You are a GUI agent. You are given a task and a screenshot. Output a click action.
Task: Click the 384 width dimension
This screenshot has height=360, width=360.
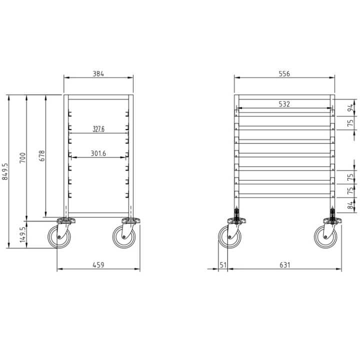click(x=98, y=73)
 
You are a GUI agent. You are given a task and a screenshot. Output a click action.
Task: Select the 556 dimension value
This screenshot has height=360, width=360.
click(x=284, y=73)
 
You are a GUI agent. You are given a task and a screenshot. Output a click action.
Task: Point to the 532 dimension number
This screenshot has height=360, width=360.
click(x=284, y=104)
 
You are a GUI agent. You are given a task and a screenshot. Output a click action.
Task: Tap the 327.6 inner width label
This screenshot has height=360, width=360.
click(x=98, y=129)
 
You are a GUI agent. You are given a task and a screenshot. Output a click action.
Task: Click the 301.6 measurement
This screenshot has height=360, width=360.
click(x=98, y=153)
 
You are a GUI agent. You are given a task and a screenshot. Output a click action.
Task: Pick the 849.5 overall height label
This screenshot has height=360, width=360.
click(x=5, y=171)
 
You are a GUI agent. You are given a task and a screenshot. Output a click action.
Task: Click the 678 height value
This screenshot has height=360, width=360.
click(x=42, y=155)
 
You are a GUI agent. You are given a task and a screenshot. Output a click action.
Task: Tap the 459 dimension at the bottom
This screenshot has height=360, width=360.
click(x=98, y=265)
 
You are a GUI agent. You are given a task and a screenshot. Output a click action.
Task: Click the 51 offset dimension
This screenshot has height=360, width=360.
click(x=223, y=265)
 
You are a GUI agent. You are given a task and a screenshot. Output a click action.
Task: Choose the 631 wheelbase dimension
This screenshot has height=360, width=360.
click(x=284, y=265)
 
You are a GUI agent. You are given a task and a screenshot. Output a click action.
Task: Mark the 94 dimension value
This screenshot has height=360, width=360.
click(x=351, y=106)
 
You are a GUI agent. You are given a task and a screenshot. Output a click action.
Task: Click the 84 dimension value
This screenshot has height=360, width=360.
click(x=351, y=204)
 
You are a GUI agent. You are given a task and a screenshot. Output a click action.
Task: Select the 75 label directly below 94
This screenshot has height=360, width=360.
click(x=351, y=121)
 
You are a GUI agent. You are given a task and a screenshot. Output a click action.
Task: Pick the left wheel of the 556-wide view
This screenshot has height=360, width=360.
click(x=229, y=237)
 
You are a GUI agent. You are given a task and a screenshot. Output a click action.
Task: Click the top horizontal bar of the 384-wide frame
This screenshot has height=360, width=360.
click(x=98, y=96)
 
